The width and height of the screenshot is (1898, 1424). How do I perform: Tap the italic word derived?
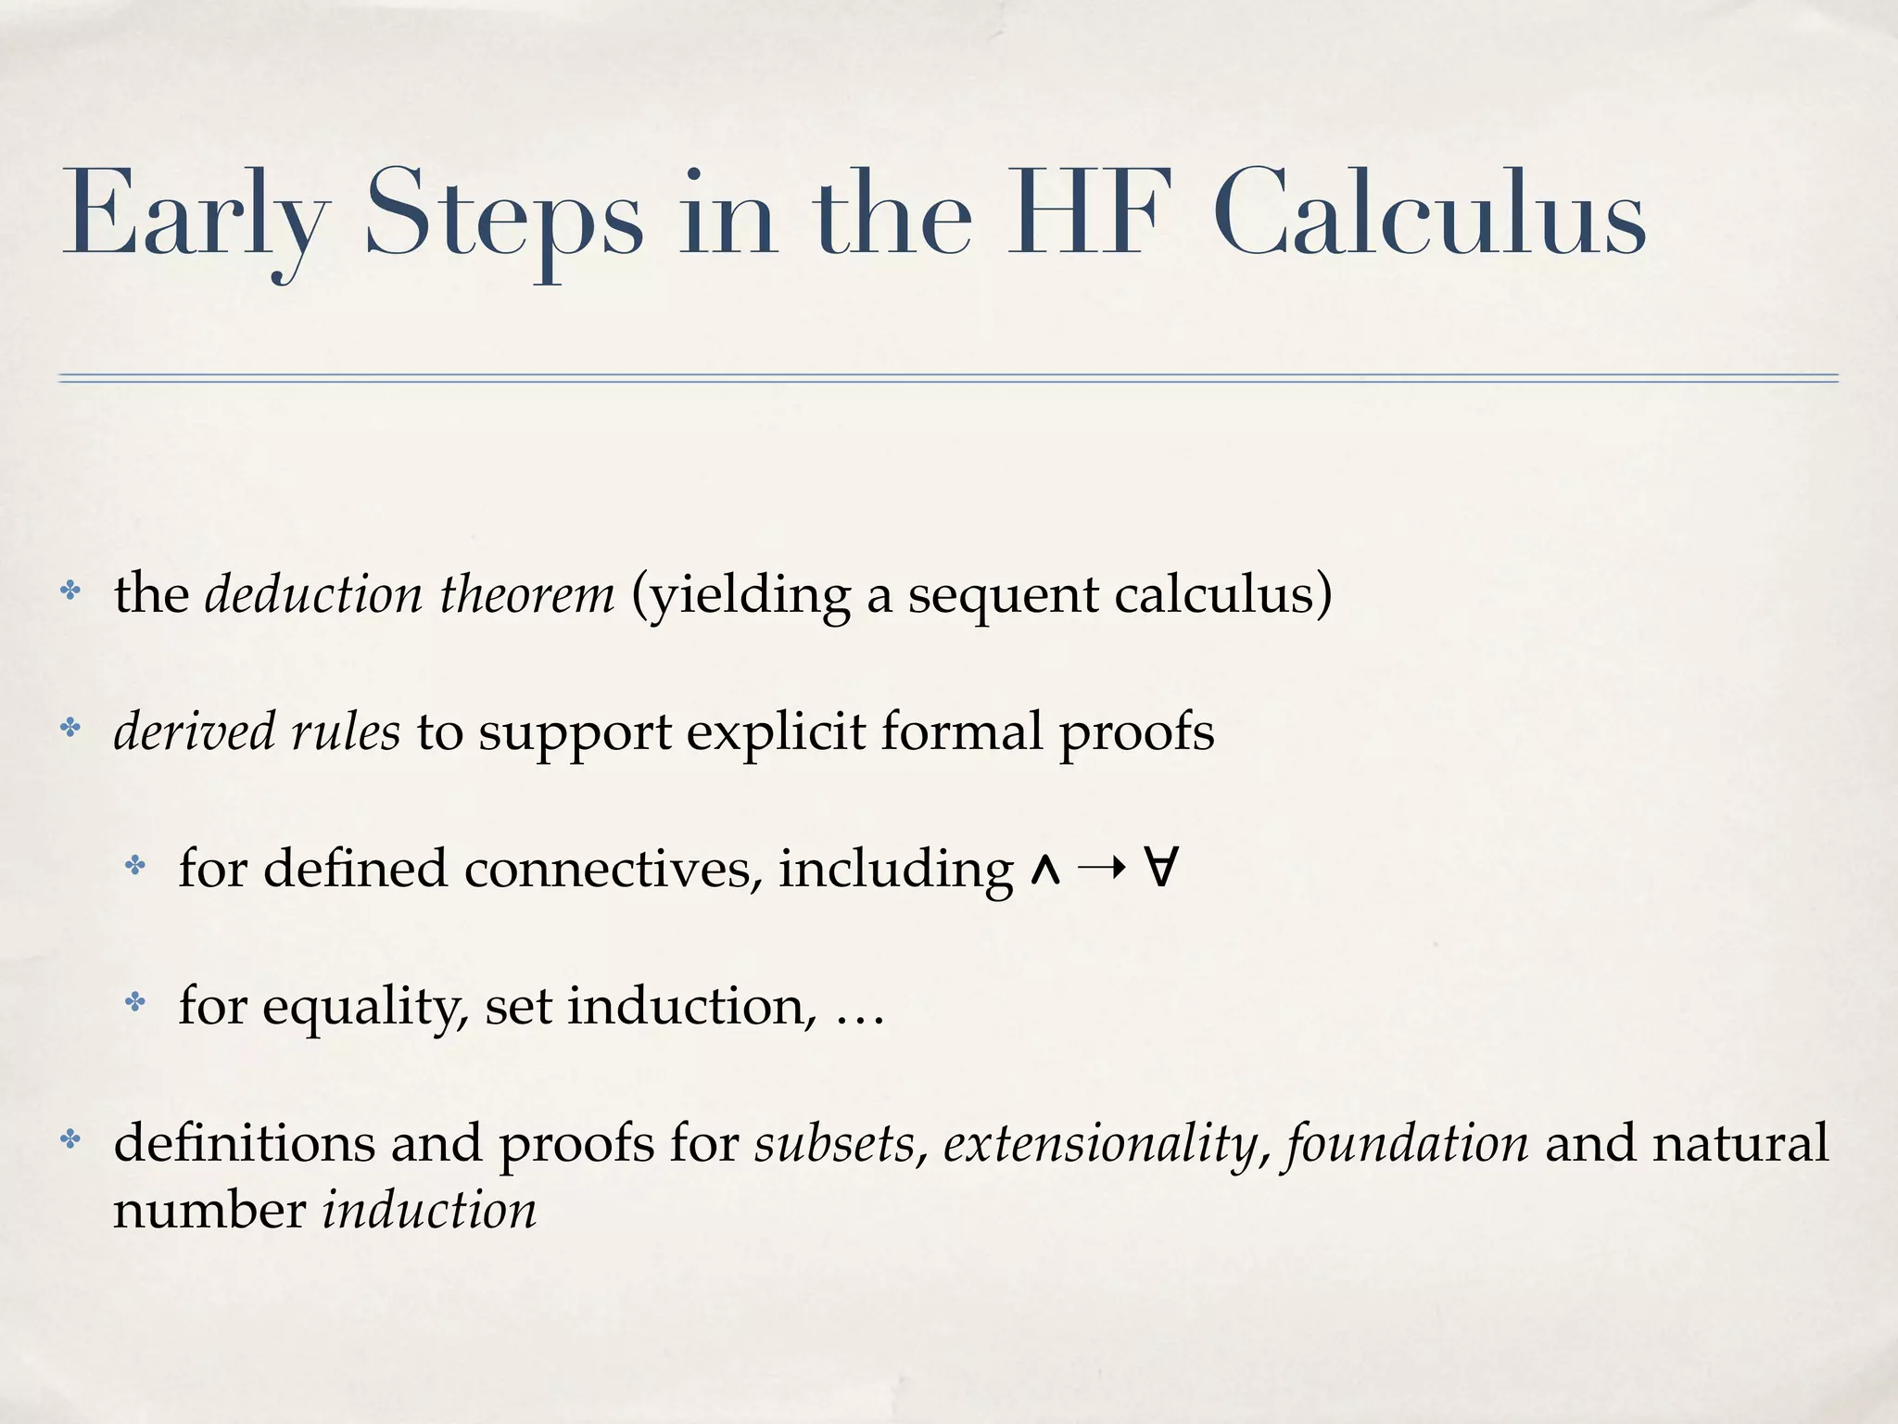194,731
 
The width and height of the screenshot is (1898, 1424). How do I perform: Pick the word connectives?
613,870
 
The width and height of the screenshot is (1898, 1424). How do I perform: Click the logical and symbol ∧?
1044,871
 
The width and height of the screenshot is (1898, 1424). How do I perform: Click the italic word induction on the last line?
429,1211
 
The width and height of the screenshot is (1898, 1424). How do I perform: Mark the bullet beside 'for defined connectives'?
135,867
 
